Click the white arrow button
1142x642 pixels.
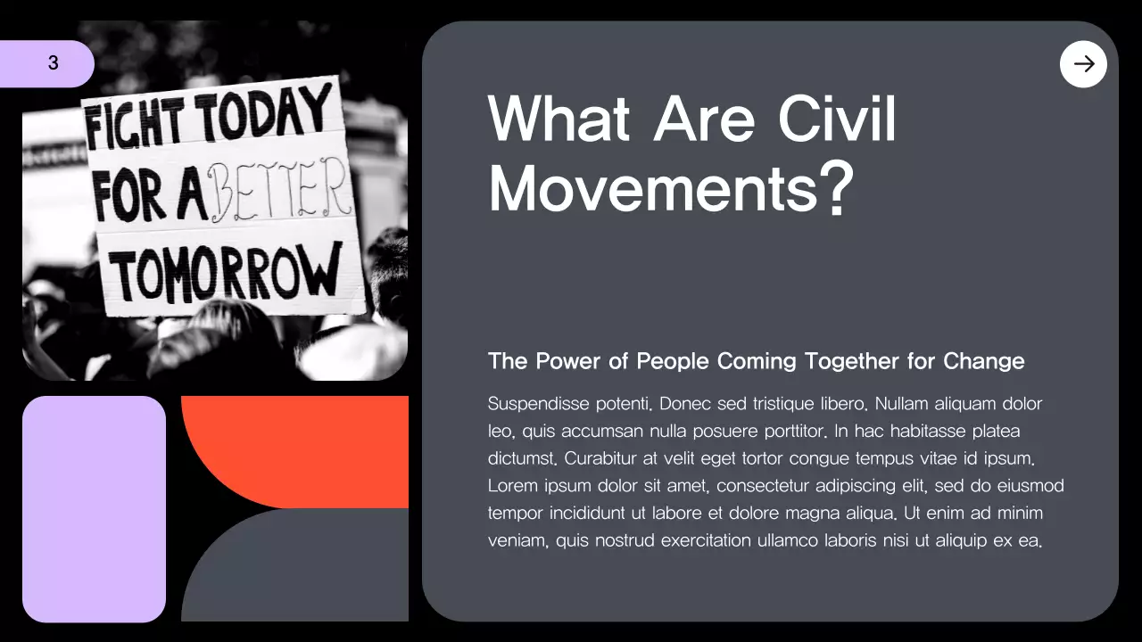point(1083,64)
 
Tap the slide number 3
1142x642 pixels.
point(54,63)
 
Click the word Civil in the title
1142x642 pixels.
point(838,119)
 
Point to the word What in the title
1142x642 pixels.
point(559,119)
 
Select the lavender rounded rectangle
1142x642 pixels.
point(94,509)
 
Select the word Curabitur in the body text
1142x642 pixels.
point(598,459)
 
